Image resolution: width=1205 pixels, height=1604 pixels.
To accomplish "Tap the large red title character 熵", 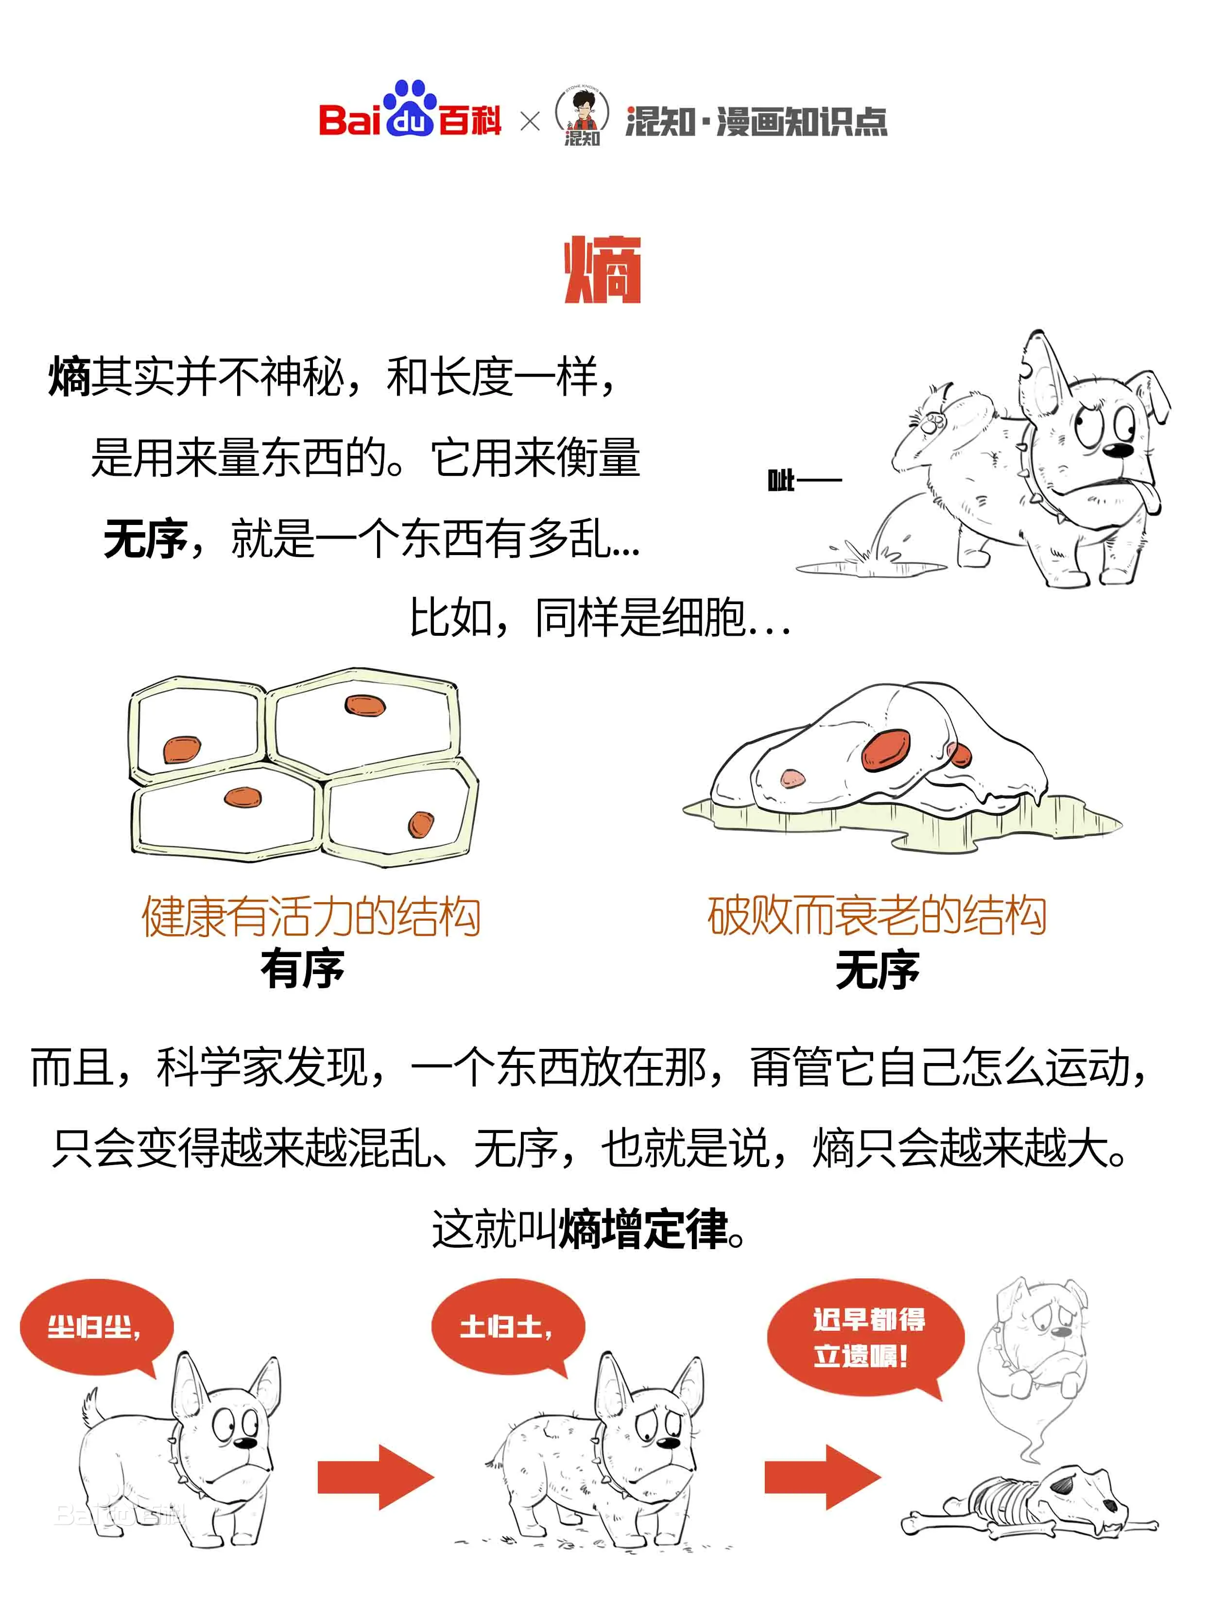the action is [602, 270].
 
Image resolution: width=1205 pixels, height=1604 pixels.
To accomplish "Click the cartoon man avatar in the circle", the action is [582, 115].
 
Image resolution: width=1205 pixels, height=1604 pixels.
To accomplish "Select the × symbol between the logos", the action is [530, 121].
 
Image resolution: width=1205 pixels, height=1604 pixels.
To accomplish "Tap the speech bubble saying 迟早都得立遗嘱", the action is [866, 1338].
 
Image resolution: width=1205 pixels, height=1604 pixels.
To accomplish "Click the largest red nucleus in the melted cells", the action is [886, 749].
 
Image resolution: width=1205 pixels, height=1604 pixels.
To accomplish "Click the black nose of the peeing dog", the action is [1120, 450].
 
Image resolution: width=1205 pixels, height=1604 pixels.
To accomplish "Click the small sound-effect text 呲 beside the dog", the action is [780, 480].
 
